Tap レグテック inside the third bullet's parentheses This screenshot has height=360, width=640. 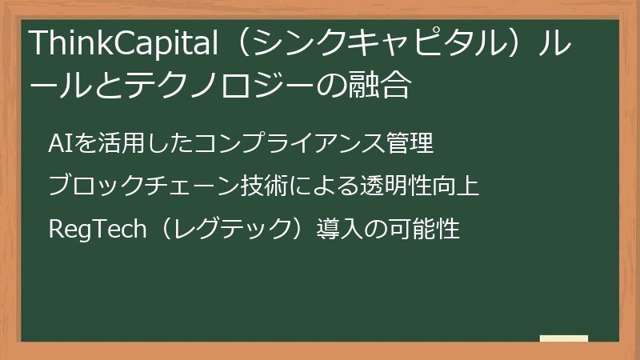click(226, 230)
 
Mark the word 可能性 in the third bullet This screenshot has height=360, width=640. click(429, 230)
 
